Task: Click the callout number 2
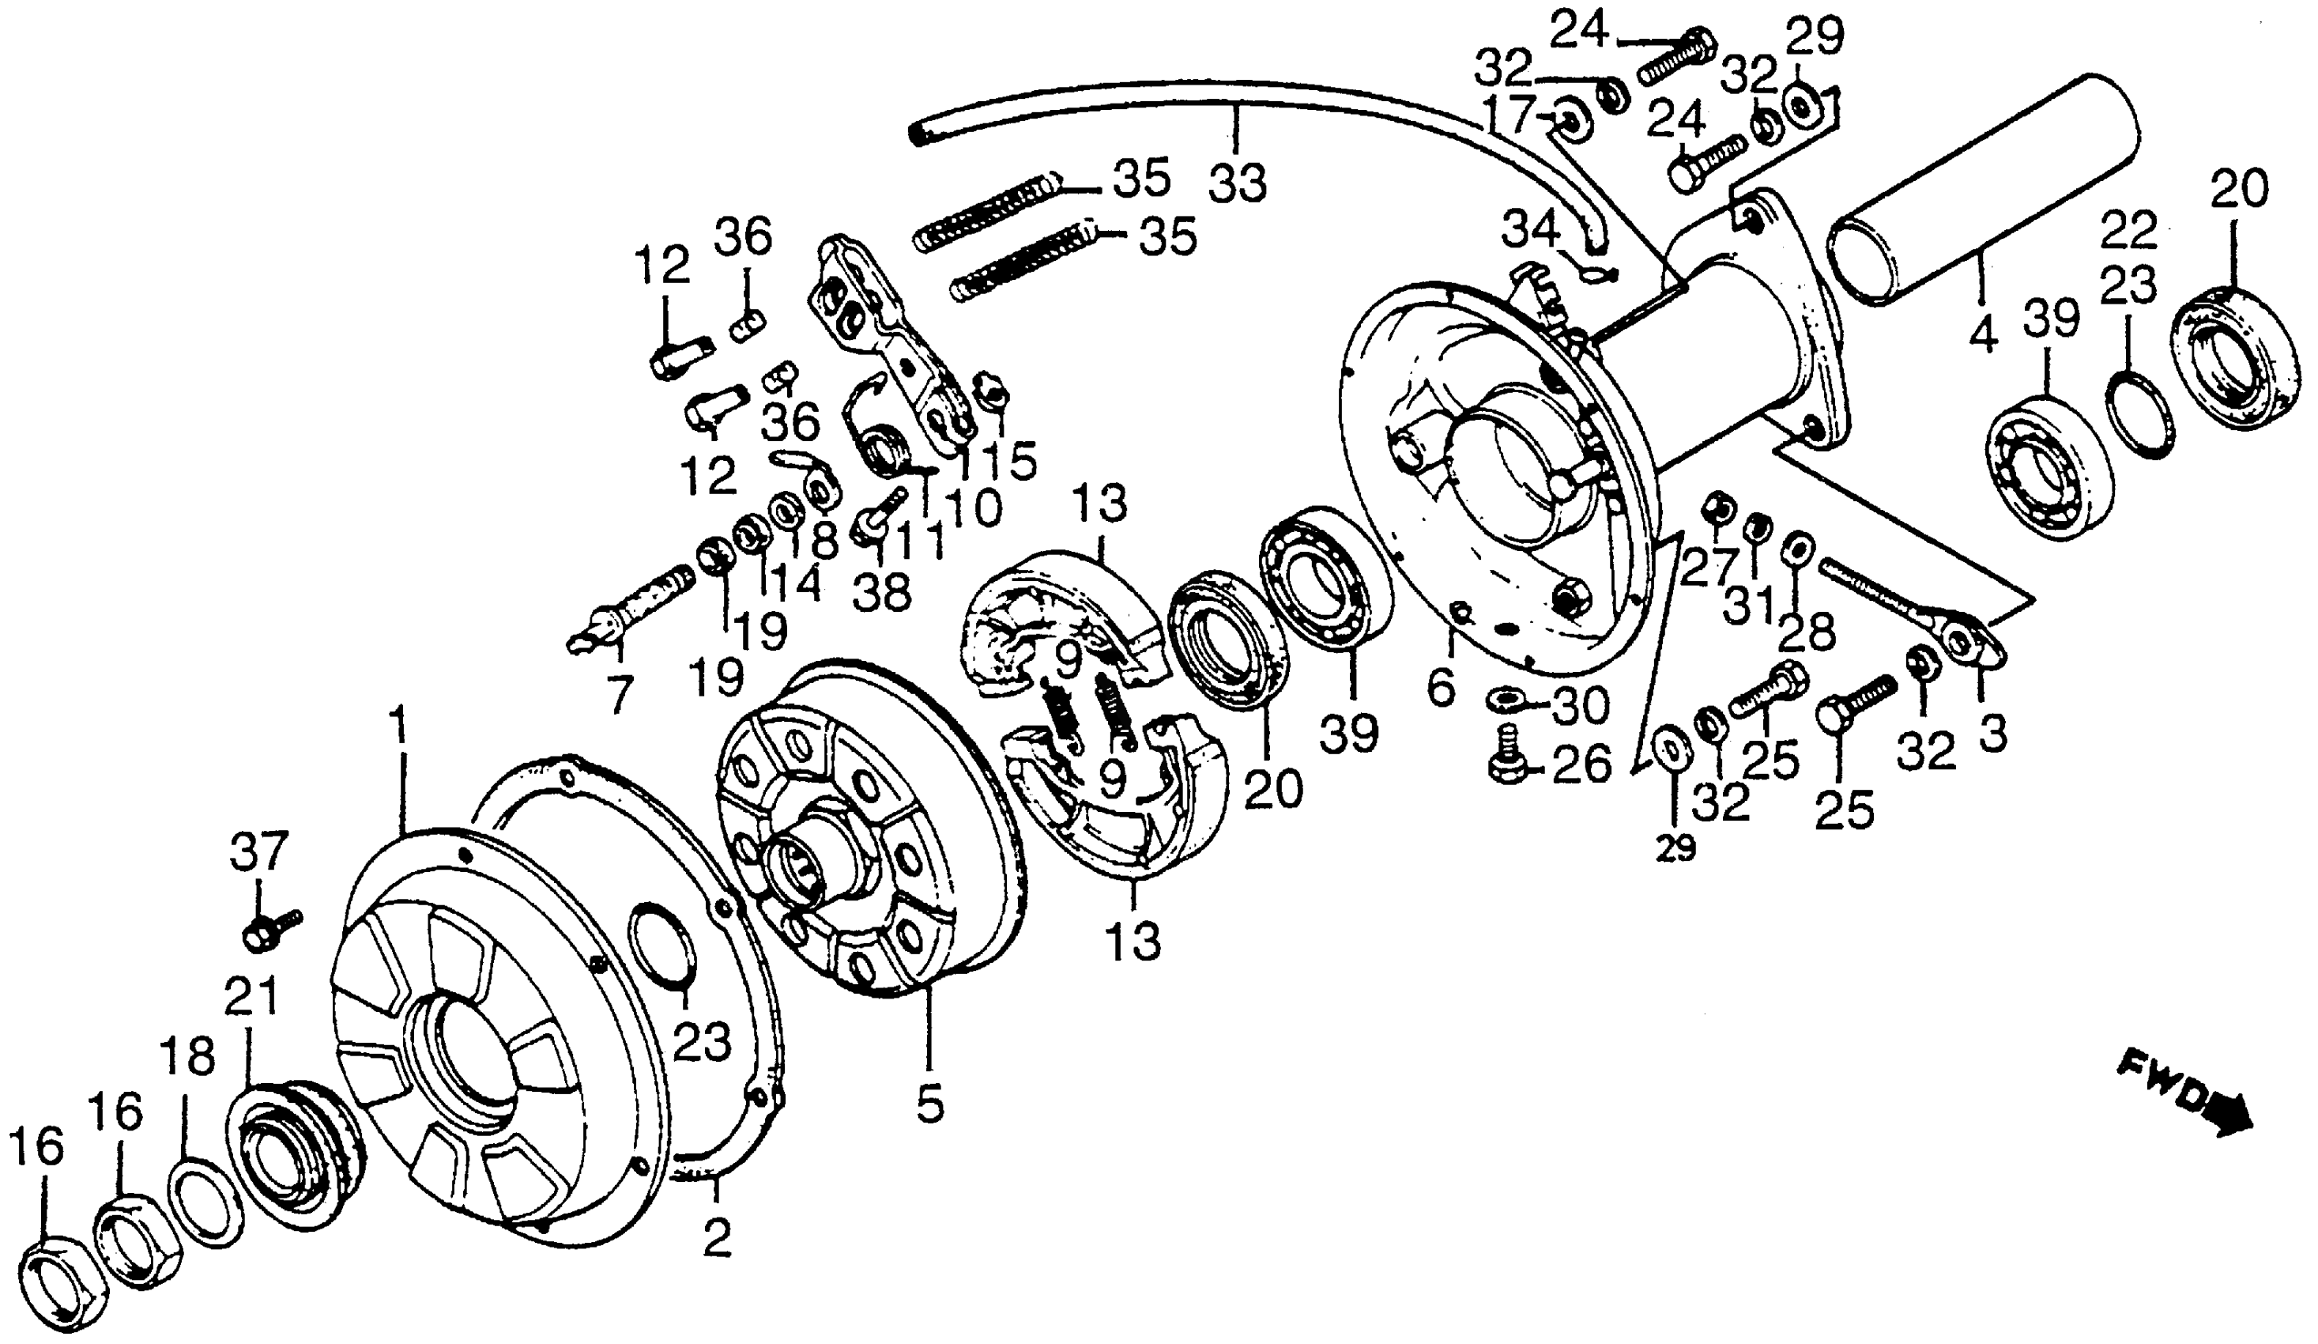tap(717, 1238)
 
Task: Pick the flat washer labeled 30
tap(1503, 704)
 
